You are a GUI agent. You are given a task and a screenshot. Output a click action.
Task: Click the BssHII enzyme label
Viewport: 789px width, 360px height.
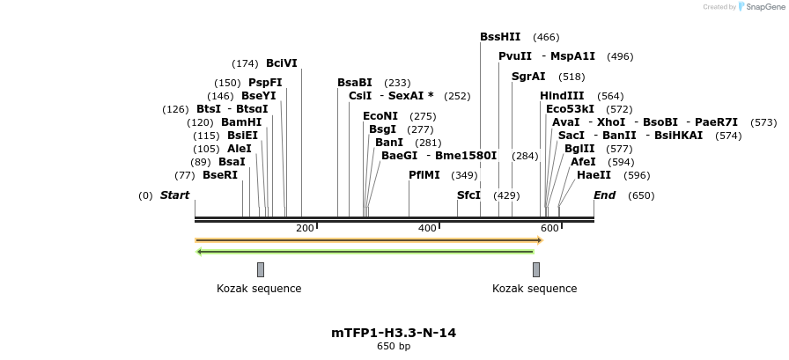(500, 37)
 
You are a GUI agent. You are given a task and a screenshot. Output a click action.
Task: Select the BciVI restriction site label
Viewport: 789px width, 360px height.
(282, 63)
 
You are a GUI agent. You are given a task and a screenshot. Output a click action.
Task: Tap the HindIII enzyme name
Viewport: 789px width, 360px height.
(562, 96)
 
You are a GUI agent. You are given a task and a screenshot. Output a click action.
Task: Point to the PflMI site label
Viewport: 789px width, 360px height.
(424, 175)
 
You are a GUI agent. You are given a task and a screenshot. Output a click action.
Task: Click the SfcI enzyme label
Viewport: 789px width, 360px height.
(468, 195)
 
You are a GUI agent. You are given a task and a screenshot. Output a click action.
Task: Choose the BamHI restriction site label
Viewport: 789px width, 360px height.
(241, 122)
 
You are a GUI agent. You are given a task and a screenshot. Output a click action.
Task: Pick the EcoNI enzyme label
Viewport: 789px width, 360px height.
(380, 116)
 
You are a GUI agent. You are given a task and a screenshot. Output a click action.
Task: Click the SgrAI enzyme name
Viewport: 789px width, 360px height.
(528, 77)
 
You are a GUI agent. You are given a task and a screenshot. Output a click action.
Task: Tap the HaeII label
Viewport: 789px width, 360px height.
(594, 175)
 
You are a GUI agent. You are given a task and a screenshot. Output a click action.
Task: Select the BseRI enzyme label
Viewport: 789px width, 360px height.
(220, 175)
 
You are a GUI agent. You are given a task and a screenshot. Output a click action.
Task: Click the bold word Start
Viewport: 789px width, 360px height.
(174, 195)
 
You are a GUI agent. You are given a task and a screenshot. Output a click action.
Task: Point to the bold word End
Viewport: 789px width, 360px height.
(604, 195)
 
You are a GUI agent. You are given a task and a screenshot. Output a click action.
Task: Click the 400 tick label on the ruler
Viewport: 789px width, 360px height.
(427, 229)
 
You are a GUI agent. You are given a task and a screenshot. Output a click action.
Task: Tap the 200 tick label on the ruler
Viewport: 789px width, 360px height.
(305, 229)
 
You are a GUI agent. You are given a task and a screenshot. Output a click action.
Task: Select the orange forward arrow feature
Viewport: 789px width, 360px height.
(368, 239)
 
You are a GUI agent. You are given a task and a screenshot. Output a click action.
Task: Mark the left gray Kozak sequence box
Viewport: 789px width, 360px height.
(261, 269)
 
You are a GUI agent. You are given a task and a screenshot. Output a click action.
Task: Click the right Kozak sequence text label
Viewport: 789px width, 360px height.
(535, 289)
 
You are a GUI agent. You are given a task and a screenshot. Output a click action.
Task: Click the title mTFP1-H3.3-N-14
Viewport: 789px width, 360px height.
(394, 333)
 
